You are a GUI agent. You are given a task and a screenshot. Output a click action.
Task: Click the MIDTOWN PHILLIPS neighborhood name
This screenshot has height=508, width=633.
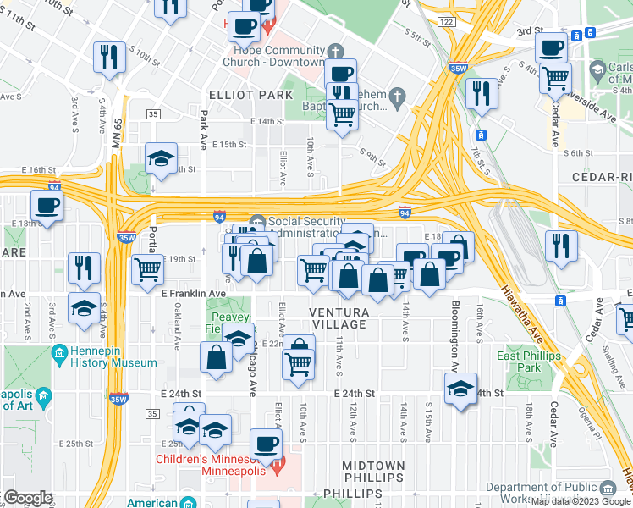tap(373, 472)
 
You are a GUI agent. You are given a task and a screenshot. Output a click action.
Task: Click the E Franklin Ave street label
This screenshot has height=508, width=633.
tap(193, 293)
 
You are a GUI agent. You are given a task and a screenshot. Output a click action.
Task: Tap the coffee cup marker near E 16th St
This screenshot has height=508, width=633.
tap(47, 205)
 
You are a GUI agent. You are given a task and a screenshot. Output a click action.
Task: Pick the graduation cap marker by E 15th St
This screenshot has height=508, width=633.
tap(161, 158)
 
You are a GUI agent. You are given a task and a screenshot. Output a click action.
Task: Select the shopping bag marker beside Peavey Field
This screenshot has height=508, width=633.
tap(217, 357)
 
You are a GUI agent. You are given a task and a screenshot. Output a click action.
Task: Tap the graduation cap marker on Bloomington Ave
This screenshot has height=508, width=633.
tap(460, 389)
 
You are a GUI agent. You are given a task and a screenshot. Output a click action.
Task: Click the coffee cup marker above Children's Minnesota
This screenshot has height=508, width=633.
tap(267, 443)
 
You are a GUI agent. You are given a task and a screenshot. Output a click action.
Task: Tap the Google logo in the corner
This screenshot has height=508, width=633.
tap(28, 498)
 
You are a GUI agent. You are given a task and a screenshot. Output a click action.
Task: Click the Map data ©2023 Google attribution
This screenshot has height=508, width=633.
tap(581, 501)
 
